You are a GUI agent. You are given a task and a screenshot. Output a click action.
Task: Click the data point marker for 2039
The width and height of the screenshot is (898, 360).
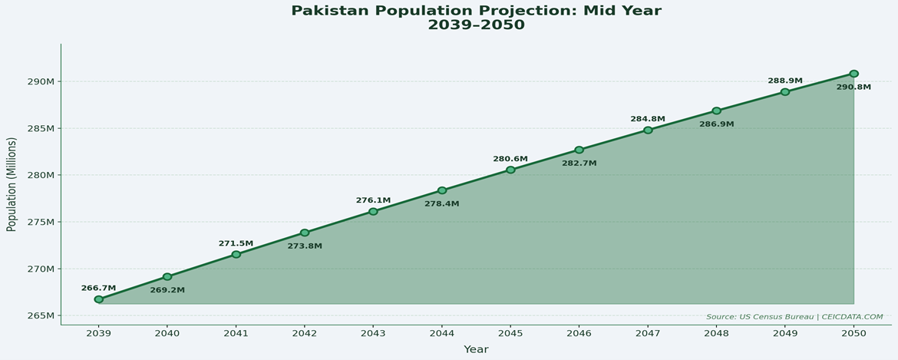pyautogui.click(x=99, y=299)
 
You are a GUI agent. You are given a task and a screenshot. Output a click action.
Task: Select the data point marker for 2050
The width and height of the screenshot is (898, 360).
pyautogui.click(x=853, y=74)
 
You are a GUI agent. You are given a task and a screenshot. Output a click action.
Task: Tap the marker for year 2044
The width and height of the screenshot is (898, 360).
pyautogui.click(x=442, y=190)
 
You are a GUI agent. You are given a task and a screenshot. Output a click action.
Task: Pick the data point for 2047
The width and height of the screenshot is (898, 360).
pyautogui.click(x=648, y=130)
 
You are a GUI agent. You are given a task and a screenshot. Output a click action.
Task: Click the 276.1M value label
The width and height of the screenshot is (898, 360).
pyautogui.click(x=373, y=200)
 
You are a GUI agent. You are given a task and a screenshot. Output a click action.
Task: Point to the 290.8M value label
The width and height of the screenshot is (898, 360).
pyautogui.click(x=853, y=88)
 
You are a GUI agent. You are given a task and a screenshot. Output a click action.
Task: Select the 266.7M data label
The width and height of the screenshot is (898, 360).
pyautogui.click(x=98, y=288)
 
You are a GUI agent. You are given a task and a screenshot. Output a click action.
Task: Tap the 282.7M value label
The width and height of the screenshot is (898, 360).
pyautogui.click(x=579, y=163)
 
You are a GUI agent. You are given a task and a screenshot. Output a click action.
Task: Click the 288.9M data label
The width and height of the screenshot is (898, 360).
pyautogui.click(x=785, y=81)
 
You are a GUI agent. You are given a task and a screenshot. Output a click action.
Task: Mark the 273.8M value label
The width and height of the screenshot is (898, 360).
pyautogui.click(x=305, y=246)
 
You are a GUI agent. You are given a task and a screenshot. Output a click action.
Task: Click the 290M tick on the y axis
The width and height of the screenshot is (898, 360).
pyautogui.click(x=39, y=81)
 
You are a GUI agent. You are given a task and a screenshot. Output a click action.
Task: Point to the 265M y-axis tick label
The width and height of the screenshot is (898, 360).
pyautogui.click(x=39, y=316)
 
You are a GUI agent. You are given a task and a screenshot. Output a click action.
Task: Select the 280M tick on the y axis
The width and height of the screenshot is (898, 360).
pyautogui.click(x=39, y=175)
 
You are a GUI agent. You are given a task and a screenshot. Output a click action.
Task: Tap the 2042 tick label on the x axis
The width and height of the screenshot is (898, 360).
pyautogui.click(x=305, y=333)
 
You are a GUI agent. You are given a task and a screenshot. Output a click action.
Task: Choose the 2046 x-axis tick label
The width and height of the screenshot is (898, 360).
pyautogui.click(x=579, y=333)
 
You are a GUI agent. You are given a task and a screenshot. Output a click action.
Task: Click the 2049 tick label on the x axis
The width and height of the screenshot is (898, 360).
pyautogui.click(x=785, y=333)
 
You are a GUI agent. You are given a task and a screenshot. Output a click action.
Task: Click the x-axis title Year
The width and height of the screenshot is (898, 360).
pyautogui.click(x=476, y=349)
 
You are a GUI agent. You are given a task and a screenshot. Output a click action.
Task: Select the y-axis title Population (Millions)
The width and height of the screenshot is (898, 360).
pyautogui.click(x=12, y=184)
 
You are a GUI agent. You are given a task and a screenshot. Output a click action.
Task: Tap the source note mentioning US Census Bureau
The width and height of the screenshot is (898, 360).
pyautogui.click(x=794, y=317)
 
